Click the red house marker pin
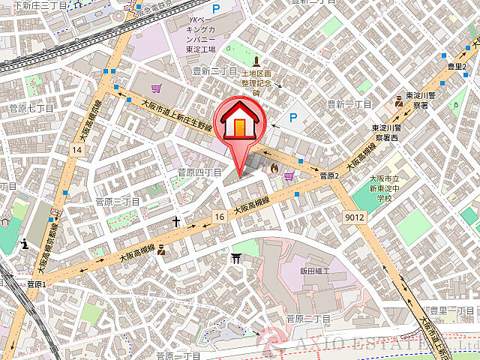(x=239, y=124)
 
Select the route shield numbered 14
(x=76, y=150)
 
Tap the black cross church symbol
(x=176, y=221)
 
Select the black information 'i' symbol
(x=25, y=243)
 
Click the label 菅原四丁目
(x=199, y=172)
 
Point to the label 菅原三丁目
(x=118, y=202)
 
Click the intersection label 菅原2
(x=330, y=176)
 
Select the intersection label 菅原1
(x=36, y=284)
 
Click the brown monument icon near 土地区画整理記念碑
(x=256, y=60)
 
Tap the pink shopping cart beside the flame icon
(x=289, y=177)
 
